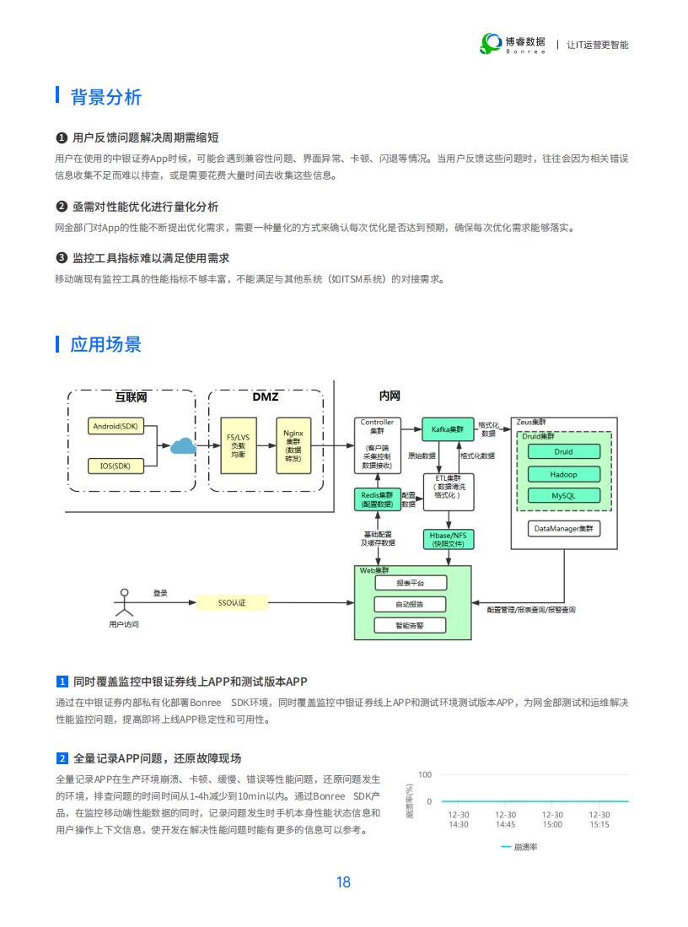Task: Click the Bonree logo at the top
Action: tap(513, 44)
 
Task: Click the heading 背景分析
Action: tap(105, 97)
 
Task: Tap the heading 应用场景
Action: tap(105, 344)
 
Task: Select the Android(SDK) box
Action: tap(116, 426)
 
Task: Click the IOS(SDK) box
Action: tap(116, 466)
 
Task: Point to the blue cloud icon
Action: tap(183, 445)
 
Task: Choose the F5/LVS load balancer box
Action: tap(239, 445)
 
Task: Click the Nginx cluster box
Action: tap(293, 445)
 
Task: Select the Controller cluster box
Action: tap(377, 445)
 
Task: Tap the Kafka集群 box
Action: tap(448, 429)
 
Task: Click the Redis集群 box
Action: tap(377, 499)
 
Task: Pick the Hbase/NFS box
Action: tap(448, 539)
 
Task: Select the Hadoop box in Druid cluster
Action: tap(563, 474)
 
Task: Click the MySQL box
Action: tap(563, 495)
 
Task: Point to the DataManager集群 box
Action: tap(563, 529)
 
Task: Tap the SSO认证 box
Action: tap(232, 602)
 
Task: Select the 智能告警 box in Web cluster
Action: tap(411, 626)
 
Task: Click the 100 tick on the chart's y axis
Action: tap(425, 774)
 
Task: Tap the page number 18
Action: tap(343, 882)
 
